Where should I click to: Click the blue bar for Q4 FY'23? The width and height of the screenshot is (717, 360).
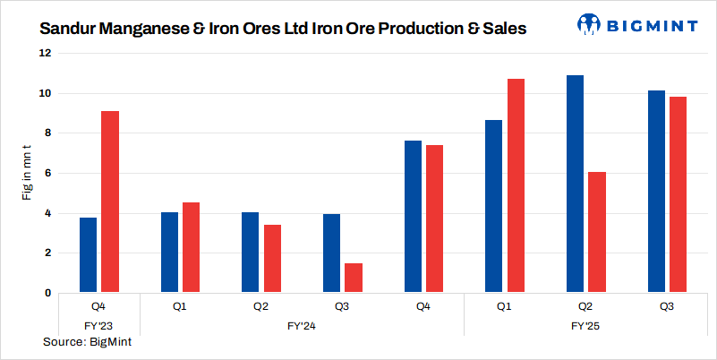(88, 255)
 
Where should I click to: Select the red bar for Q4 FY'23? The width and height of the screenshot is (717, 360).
(109, 201)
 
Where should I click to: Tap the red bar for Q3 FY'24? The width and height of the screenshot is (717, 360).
(354, 278)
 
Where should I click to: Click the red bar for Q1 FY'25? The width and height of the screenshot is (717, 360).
(516, 185)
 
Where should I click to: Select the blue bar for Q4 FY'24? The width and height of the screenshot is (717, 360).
(413, 217)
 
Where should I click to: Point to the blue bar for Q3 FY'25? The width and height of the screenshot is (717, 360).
(656, 192)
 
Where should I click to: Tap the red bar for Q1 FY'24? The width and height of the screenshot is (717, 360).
(191, 247)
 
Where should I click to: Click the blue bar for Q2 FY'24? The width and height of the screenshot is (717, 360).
(251, 253)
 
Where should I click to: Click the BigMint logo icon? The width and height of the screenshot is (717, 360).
(588, 24)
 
